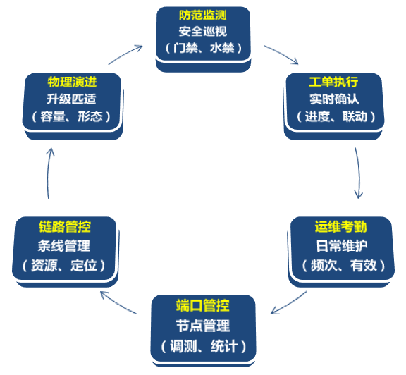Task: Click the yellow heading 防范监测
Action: coord(203,16)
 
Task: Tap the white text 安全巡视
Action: coord(203,32)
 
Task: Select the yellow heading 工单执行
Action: coord(334,82)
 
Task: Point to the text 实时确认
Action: coord(334,99)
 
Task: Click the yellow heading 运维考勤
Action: coord(340,227)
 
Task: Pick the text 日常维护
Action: coord(342,246)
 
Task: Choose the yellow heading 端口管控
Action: coord(203,305)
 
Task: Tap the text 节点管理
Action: coord(203,326)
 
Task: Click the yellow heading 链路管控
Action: coord(65,227)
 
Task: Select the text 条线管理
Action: coord(63,246)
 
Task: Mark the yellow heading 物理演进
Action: coord(72,82)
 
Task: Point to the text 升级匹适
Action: coord(71,99)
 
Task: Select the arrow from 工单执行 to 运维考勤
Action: coord(359,172)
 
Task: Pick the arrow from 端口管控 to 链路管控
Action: coord(118,302)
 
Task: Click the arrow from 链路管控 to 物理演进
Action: coord(48,173)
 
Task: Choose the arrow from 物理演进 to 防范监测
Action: coord(126,54)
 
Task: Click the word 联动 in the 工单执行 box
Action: coord(355,116)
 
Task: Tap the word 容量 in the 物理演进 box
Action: coord(53,116)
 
